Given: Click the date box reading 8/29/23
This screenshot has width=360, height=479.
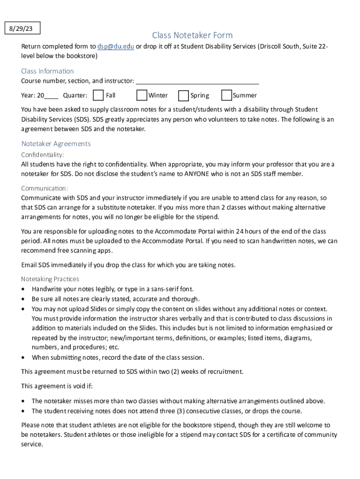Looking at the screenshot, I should [x=22, y=29].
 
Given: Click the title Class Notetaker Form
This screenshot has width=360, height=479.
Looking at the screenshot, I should [x=192, y=36].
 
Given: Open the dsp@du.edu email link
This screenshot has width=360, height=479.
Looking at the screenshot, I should [x=116, y=46].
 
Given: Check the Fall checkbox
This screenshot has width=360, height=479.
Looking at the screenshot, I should [x=98, y=95].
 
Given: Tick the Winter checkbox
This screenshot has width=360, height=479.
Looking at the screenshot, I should [x=142, y=95].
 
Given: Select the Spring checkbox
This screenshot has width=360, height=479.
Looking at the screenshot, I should [x=183, y=95].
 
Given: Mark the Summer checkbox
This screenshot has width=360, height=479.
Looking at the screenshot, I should [x=227, y=95].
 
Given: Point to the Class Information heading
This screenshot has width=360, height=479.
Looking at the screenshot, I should [x=47, y=71].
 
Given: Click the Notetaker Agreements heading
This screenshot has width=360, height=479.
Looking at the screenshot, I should [x=56, y=144].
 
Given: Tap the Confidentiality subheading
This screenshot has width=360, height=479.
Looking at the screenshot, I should [x=43, y=154].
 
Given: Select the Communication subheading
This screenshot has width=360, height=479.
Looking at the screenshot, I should [x=44, y=188].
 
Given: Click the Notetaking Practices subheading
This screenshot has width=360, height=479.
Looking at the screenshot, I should [x=50, y=279].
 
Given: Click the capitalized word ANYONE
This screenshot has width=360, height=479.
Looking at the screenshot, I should [x=198, y=174].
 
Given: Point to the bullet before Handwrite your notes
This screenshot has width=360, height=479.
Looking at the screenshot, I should [x=24, y=289].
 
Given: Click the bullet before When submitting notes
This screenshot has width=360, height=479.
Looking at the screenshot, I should [x=24, y=358].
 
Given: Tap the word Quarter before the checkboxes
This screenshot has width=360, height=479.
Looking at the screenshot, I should [x=75, y=95].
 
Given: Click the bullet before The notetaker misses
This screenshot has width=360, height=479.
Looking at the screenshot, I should [x=24, y=401].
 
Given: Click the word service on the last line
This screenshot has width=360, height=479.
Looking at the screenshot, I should [x=32, y=444].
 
